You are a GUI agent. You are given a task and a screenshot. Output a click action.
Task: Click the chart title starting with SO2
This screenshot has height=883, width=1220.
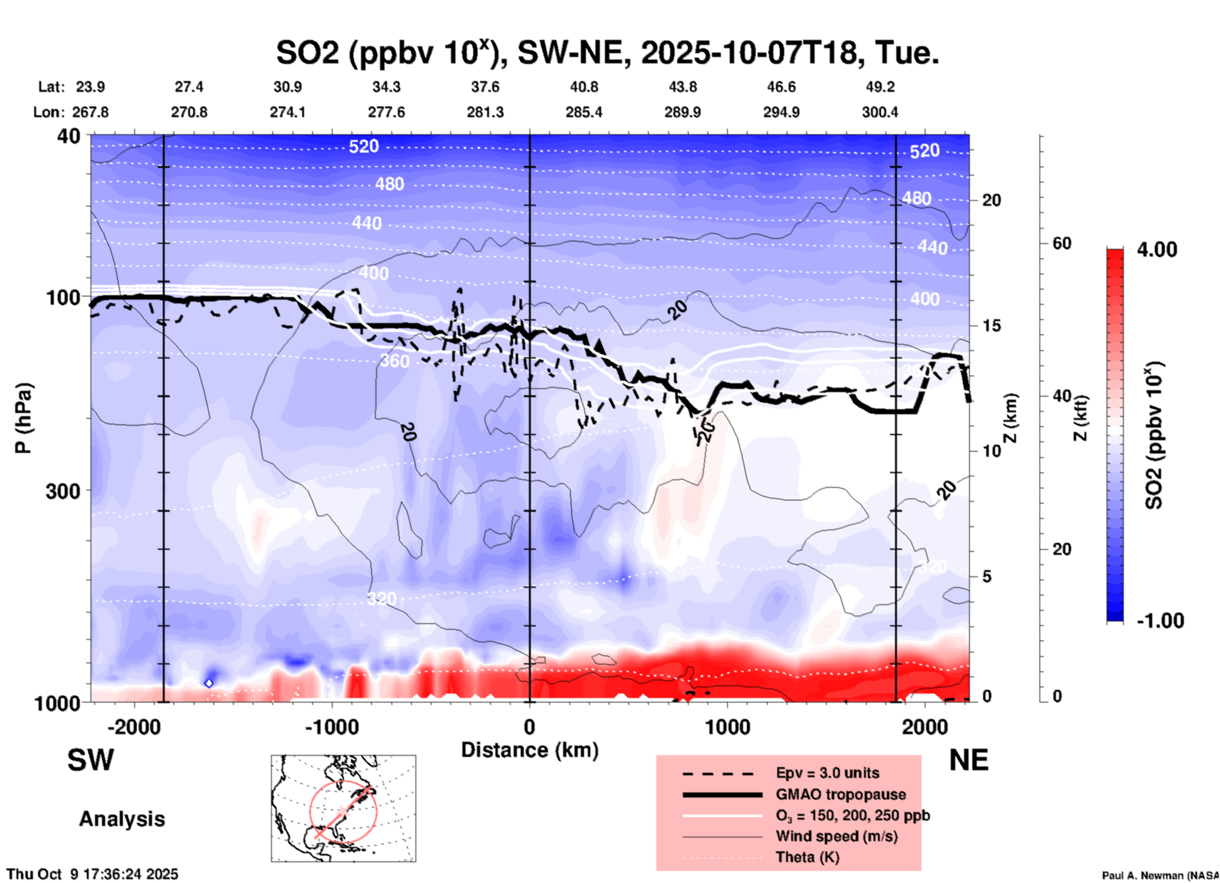tap(607, 53)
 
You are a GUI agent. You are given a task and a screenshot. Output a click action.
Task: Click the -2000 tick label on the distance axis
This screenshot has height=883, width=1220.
tap(134, 727)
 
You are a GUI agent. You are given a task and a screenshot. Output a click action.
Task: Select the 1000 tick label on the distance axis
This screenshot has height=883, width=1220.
tap(727, 727)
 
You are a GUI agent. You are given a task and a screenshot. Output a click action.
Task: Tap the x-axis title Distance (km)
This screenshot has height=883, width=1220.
tap(530, 750)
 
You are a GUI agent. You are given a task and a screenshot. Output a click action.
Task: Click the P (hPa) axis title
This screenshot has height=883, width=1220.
tap(23, 418)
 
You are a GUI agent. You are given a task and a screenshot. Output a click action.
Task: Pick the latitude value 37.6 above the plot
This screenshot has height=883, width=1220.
tap(485, 87)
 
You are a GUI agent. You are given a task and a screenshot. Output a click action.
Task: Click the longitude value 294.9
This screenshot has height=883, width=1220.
tap(781, 112)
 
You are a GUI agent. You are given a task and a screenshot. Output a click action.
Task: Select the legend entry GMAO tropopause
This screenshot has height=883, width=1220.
tap(841, 794)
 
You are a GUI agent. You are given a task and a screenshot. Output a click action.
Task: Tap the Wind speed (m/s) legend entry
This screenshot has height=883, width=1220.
tap(836, 836)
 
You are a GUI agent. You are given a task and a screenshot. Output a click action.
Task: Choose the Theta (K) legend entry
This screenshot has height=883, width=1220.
tap(807, 857)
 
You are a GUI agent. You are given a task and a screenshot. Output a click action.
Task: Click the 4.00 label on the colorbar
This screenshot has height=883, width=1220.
tap(1157, 250)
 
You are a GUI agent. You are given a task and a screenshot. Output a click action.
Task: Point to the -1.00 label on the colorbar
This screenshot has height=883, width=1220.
tap(1160, 621)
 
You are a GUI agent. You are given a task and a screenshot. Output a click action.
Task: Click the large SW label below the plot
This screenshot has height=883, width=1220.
tap(91, 760)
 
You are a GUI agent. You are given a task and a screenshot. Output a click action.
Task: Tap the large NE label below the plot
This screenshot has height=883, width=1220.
tap(969, 760)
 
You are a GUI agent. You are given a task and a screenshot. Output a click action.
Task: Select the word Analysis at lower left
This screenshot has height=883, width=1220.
tap(122, 819)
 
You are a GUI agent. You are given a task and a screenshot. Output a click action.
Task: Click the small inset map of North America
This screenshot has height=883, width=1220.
tap(343, 808)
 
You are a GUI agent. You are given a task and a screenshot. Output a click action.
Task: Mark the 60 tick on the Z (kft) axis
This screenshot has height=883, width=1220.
tap(1062, 243)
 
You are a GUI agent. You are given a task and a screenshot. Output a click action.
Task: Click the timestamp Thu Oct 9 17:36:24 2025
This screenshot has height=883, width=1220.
tap(92, 874)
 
